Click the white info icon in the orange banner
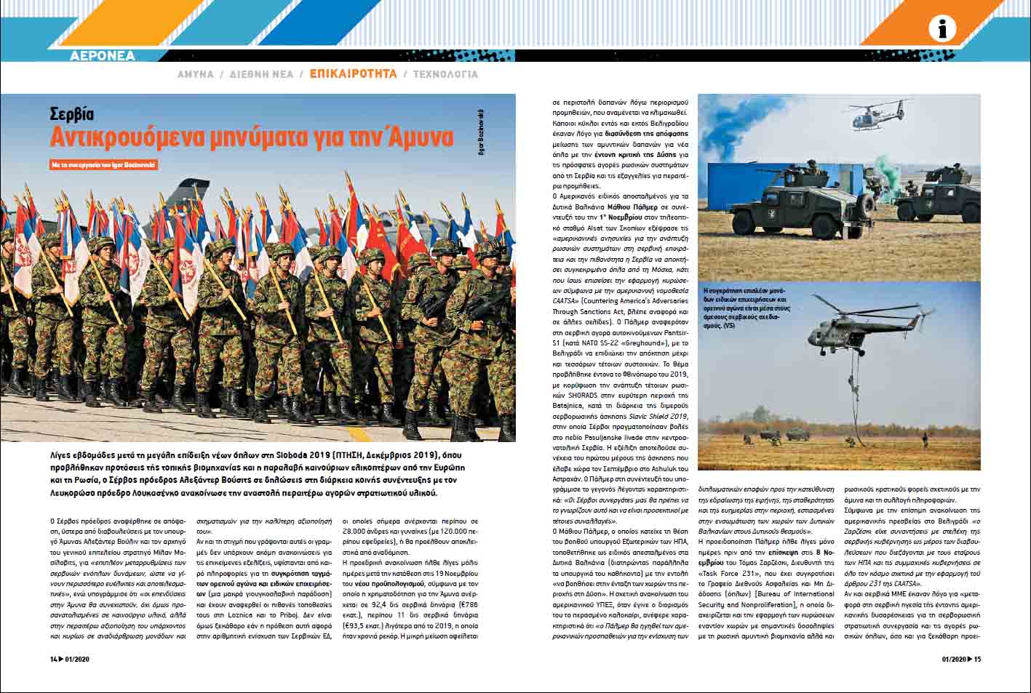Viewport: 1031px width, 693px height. point(943,29)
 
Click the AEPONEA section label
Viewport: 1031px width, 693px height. point(103,56)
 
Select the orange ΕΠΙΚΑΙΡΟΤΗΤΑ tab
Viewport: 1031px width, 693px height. point(353,74)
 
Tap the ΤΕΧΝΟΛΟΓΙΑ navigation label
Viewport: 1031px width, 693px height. point(445,74)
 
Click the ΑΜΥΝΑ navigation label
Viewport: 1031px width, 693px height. point(196,74)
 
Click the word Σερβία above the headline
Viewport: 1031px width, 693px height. point(72,114)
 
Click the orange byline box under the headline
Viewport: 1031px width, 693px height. point(103,165)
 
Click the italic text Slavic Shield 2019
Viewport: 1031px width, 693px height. point(642,415)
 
